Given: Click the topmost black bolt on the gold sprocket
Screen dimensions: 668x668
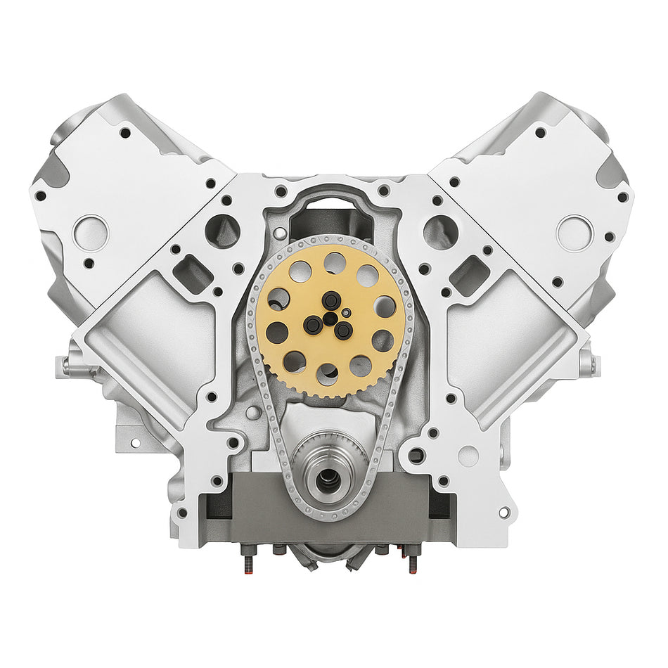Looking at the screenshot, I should point(331,300).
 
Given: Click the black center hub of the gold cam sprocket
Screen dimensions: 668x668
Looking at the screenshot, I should point(330,319).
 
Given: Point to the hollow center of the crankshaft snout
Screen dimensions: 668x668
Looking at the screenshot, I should point(328,481).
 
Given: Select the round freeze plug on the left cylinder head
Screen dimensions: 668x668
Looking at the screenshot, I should point(91,233).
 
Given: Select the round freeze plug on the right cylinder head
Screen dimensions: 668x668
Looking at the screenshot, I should point(574,233).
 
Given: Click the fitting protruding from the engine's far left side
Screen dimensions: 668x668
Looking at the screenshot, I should point(67,365).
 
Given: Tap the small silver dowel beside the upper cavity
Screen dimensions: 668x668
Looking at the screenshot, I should point(281,232).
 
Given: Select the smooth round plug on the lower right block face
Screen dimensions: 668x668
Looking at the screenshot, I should point(468,456).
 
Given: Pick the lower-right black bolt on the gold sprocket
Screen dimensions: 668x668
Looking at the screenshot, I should point(344,330).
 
